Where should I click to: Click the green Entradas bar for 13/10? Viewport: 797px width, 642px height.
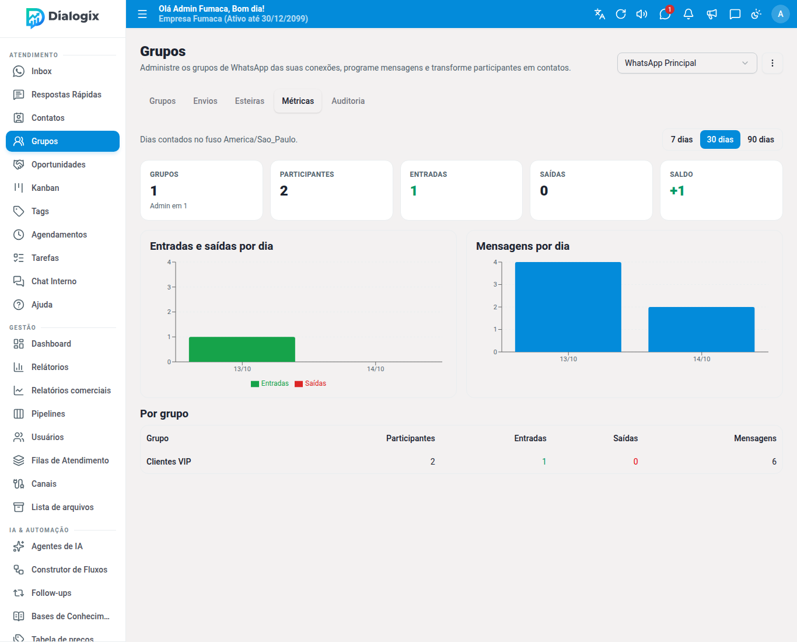242,349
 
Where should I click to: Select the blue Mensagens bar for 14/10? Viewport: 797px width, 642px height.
701,329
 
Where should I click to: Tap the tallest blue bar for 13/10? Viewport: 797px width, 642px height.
568,307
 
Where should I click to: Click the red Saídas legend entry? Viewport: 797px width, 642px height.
310,383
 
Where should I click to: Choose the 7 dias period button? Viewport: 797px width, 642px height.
681,139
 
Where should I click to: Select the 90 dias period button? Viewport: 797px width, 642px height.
760,139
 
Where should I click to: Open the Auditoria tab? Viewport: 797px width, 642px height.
348,101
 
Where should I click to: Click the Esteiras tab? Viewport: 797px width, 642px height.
249,101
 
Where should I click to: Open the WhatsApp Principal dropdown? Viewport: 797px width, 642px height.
687,63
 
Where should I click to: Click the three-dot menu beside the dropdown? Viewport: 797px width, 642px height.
772,63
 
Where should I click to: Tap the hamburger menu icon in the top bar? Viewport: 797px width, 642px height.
142,14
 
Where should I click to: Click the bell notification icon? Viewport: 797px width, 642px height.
688,14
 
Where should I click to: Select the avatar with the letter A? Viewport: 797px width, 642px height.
780,14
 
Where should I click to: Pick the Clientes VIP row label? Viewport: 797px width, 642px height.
169,462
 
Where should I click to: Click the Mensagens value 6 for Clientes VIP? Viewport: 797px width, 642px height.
774,462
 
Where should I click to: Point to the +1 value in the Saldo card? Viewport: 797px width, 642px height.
677,191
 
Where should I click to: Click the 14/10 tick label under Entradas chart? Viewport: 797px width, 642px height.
375,369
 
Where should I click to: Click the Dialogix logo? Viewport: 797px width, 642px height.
62,18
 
